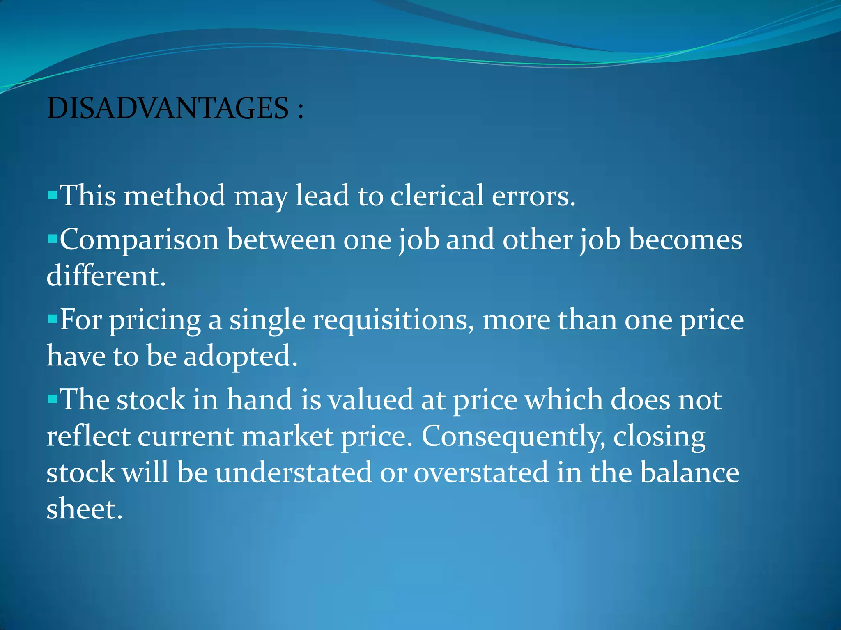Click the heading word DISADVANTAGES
[168, 108]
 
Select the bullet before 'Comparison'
[52, 238]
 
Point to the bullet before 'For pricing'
[52, 318]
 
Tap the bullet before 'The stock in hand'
[52, 398]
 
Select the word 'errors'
[533, 196]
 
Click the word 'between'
[281, 240]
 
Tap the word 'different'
[106, 276]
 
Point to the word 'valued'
[370, 399]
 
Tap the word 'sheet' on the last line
[84, 509]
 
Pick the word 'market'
[287, 436]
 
